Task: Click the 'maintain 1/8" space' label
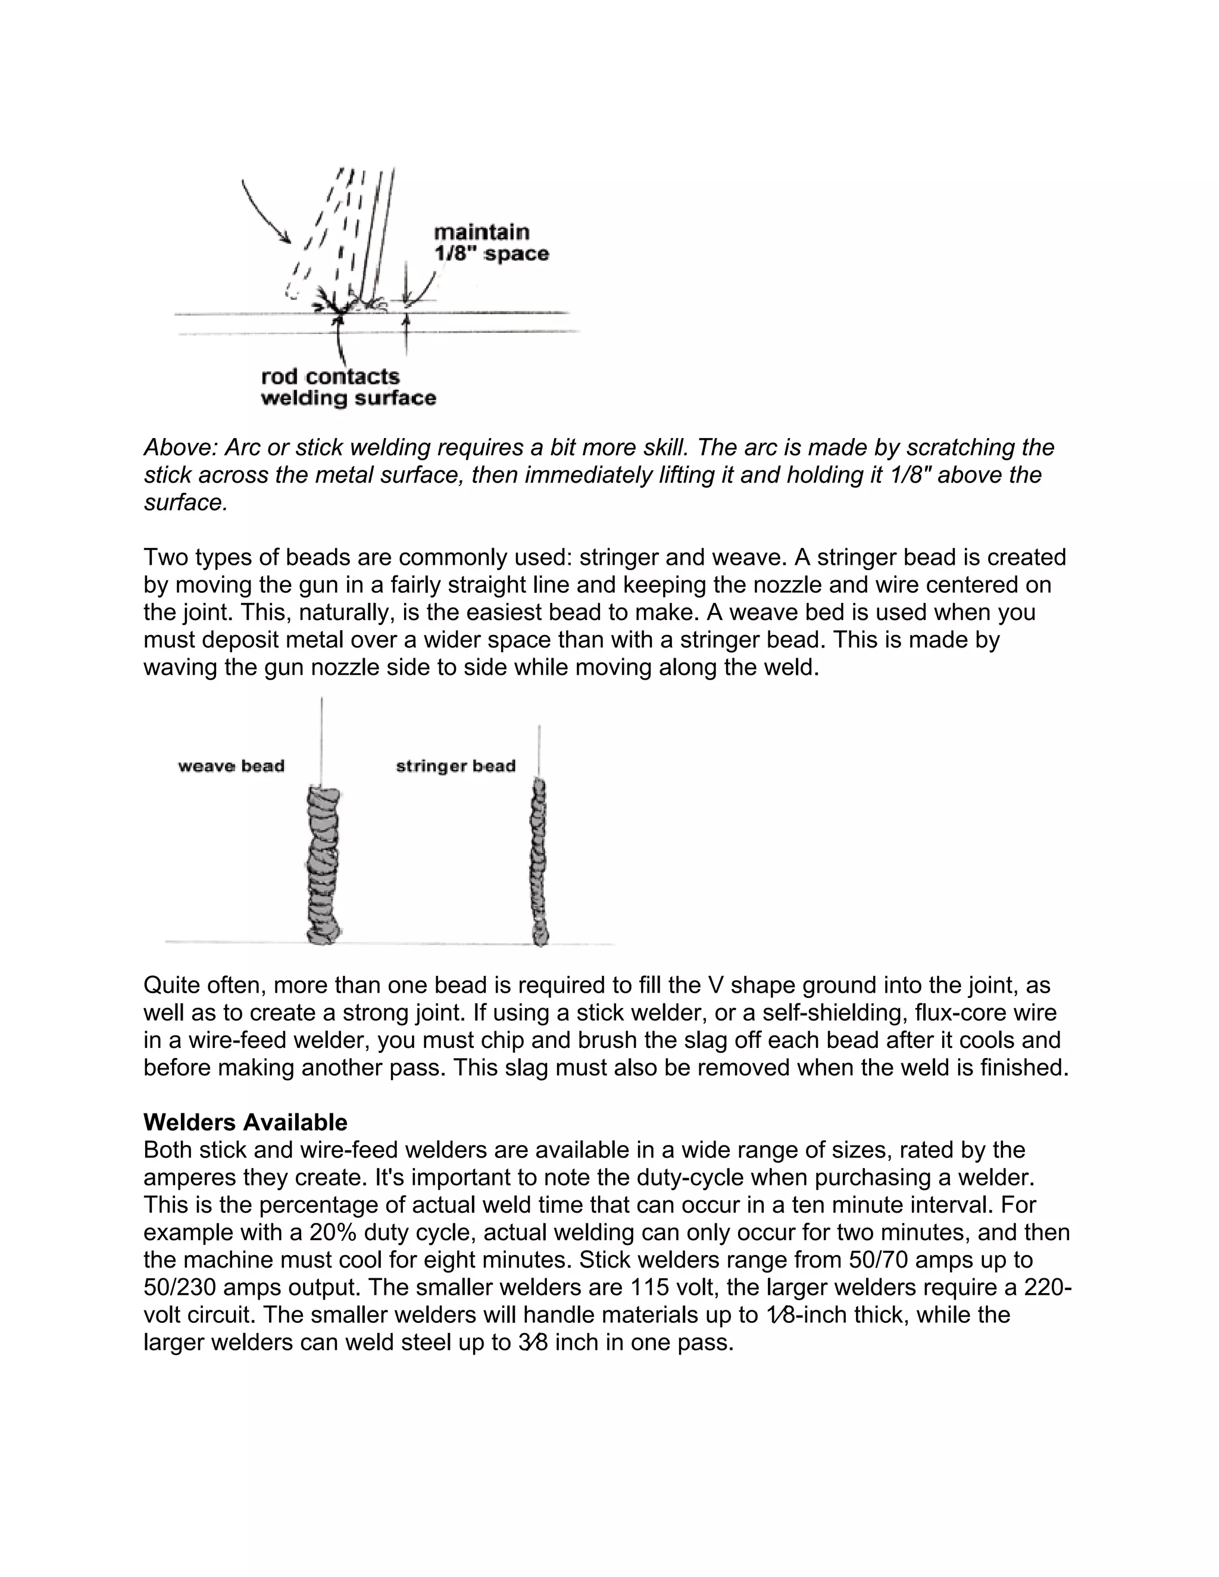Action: click(x=490, y=243)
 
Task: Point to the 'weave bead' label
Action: click(x=231, y=766)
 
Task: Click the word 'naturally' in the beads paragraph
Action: click(x=345, y=612)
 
